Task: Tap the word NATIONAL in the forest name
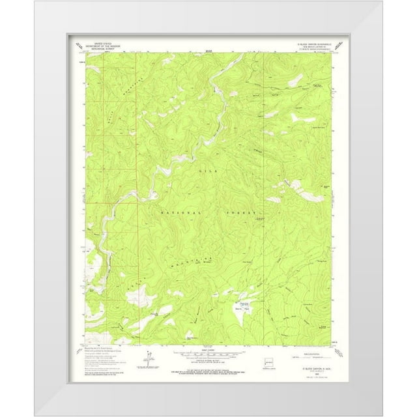(180, 212)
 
